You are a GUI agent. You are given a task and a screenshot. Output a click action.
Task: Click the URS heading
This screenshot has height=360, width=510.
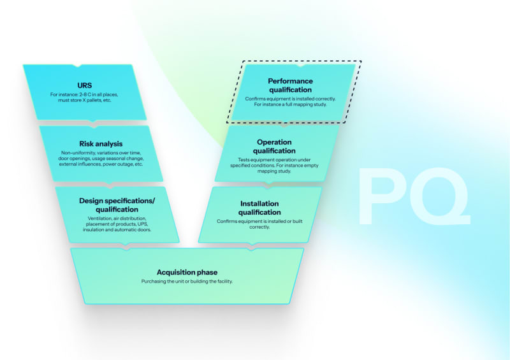(x=84, y=85)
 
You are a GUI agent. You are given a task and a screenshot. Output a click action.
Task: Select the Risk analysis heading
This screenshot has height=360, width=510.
(x=101, y=144)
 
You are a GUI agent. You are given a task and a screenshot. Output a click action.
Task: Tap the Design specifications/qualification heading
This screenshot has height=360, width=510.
(x=117, y=205)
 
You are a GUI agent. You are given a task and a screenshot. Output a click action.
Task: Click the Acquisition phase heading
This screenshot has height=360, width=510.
(x=187, y=272)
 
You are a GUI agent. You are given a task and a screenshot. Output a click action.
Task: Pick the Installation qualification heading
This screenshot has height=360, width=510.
(x=259, y=208)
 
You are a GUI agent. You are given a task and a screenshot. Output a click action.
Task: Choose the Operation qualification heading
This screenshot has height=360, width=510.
(x=274, y=146)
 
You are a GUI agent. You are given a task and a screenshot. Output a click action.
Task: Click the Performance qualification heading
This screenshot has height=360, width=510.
(x=290, y=85)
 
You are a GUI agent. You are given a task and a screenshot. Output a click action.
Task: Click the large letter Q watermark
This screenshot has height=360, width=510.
(x=439, y=196)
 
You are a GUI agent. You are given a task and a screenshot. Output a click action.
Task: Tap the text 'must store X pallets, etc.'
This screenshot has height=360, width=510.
(x=84, y=101)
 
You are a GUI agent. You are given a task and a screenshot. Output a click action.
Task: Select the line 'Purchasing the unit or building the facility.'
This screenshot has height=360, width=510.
(x=187, y=281)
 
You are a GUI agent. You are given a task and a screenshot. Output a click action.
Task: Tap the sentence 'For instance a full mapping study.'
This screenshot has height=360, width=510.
(x=290, y=104)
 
